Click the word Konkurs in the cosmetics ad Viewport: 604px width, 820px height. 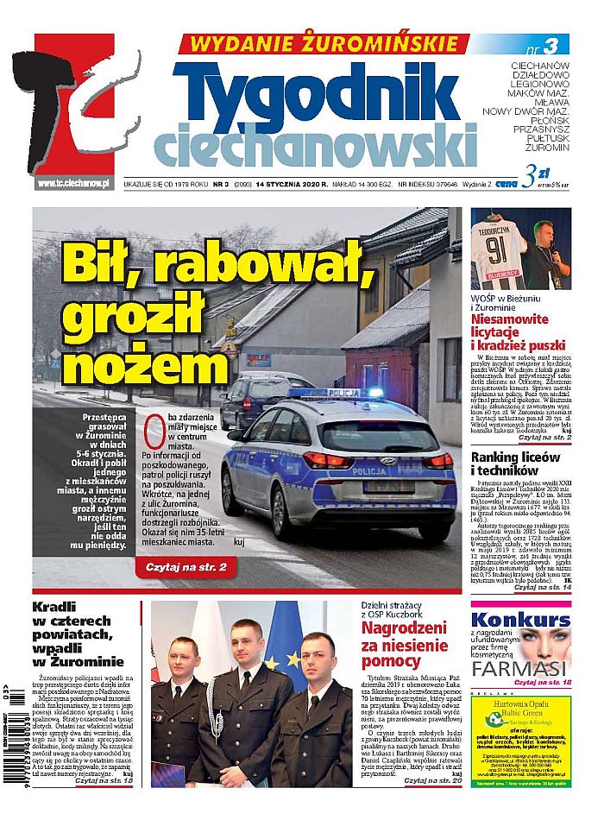click(520, 620)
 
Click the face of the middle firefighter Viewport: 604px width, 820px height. click(249, 647)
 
